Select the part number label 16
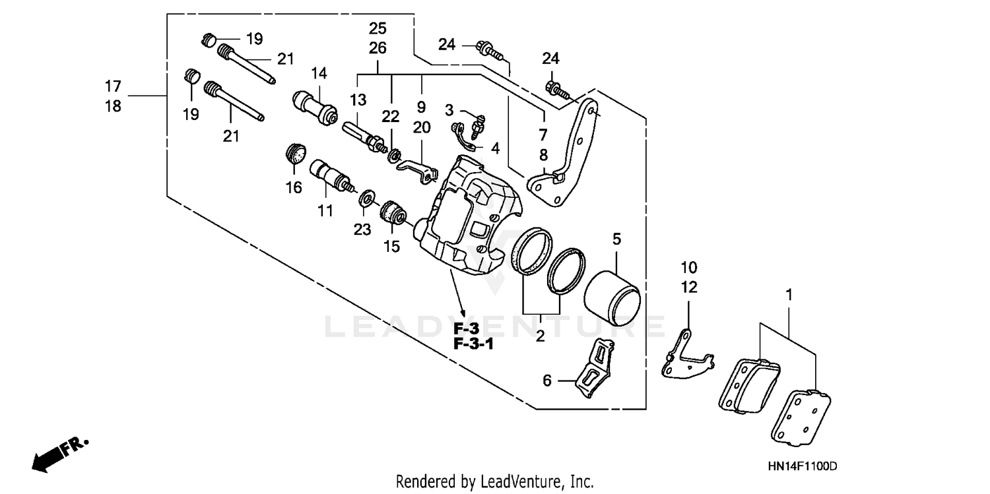[x=294, y=188]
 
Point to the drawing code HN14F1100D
[x=802, y=466]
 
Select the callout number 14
[x=319, y=73]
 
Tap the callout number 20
[x=421, y=127]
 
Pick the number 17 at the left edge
[x=113, y=86]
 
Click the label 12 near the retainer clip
[x=688, y=288]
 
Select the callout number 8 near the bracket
[x=543, y=156]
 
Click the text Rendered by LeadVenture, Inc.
[x=494, y=481]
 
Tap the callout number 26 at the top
[x=378, y=48]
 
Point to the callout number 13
[x=358, y=100]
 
